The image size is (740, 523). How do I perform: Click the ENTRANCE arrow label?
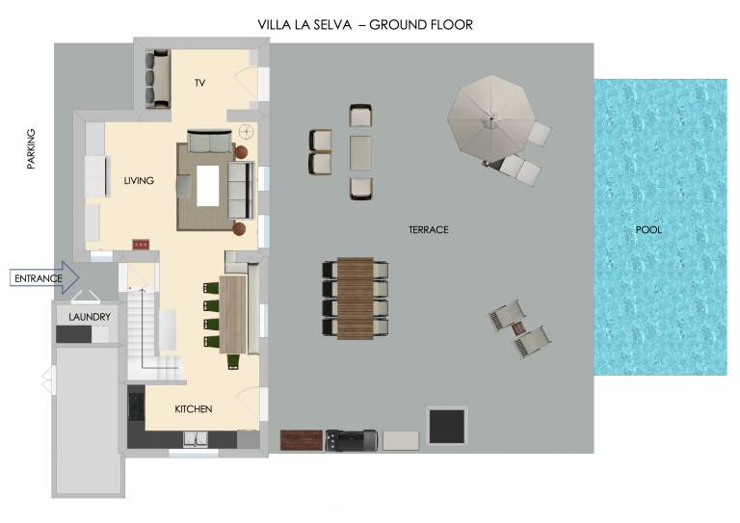pos(39,278)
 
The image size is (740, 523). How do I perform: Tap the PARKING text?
pos(31,148)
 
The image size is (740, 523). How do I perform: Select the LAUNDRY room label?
pos(90,317)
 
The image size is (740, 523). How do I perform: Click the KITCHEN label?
pos(194,409)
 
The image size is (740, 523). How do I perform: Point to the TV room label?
pos(200,83)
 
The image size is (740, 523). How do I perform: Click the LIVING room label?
pos(139,181)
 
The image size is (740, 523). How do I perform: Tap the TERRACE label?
pos(429,229)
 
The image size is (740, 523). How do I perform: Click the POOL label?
pos(648,229)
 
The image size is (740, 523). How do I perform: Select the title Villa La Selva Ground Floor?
pos(365,24)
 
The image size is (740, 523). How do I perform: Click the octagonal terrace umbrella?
pos(491,118)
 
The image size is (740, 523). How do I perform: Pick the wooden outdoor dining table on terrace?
pos(356,298)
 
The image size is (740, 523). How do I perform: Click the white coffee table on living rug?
pos(208,186)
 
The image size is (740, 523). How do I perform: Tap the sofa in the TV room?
pos(158,78)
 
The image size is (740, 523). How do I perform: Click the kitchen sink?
pos(196,439)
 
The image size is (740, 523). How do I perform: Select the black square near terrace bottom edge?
pos(446,427)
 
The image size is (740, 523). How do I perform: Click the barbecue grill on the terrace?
pos(352,440)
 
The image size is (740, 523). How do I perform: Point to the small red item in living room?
pos(141,245)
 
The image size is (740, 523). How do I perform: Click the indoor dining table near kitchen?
pos(233,315)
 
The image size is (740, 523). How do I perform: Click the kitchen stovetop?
pos(137,406)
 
